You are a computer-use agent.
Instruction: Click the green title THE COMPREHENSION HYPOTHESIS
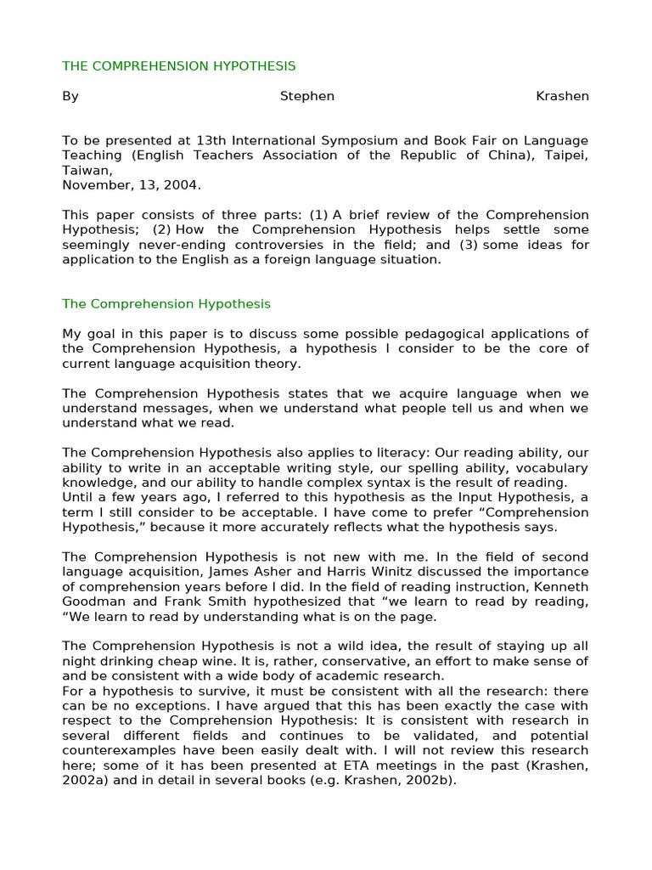coord(179,65)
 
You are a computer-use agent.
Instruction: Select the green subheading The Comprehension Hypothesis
coord(166,303)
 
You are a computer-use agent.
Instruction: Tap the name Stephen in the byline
coord(307,96)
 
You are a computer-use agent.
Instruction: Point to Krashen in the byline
coord(562,96)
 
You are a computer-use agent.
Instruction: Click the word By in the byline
coord(70,96)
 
